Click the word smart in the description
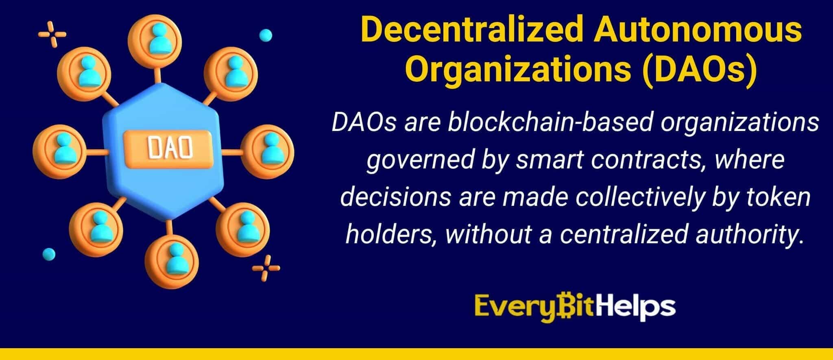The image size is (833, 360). point(545,159)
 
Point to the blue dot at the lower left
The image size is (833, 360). point(49,254)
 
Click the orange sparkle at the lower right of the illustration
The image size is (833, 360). point(266,268)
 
